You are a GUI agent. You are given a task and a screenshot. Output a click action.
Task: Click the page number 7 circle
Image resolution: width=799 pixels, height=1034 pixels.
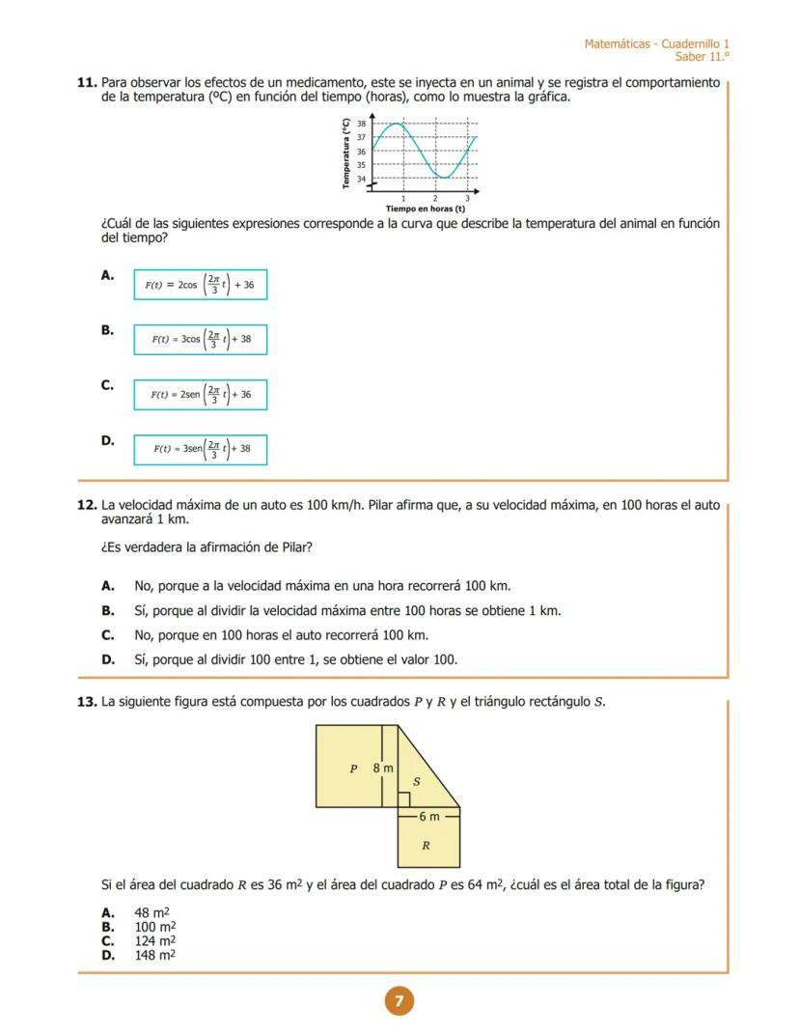(x=399, y=1001)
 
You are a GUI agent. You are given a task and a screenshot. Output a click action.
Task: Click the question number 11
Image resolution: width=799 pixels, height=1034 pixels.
(x=87, y=83)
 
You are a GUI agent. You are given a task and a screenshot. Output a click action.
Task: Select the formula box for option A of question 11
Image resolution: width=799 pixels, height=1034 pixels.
(x=200, y=285)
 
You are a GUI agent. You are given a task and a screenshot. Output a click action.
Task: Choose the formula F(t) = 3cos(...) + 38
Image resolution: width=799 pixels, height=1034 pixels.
(x=200, y=340)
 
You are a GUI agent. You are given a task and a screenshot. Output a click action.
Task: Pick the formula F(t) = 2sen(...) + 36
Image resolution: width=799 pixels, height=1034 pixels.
(x=200, y=395)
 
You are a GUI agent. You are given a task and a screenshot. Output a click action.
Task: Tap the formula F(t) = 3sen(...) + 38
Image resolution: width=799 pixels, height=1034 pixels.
(x=200, y=449)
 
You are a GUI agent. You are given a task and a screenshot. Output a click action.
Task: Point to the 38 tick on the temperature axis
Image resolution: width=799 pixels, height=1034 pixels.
(x=362, y=125)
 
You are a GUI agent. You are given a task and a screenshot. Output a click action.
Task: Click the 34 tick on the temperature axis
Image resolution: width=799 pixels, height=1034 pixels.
(x=362, y=179)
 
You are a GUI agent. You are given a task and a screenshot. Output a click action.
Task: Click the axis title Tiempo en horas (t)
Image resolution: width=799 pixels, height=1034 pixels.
(x=425, y=209)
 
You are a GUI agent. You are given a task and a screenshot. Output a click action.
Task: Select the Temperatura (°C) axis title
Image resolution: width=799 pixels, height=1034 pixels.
(x=345, y=154)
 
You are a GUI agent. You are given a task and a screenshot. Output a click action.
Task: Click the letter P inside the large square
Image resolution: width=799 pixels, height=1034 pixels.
(x=353, y=769)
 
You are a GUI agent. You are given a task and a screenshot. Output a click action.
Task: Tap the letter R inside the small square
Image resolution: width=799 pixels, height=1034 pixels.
(x=426, y=846)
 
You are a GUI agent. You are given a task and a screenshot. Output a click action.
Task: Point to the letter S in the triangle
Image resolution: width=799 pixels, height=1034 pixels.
(x=416, y=781)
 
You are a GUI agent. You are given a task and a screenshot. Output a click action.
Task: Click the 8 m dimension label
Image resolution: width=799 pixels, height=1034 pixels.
(x=383, y=769)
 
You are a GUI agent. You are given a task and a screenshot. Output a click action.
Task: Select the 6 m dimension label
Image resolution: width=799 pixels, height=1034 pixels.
(x=428, y=817)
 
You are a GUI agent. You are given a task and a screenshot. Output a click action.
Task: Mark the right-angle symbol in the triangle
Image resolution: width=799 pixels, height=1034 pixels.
(x=404, y=800)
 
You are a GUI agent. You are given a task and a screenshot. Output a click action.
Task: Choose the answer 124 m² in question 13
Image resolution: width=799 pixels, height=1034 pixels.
(x=154, y=940)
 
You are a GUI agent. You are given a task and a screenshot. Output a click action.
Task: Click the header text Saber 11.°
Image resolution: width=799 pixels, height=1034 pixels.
(x=702, y=57)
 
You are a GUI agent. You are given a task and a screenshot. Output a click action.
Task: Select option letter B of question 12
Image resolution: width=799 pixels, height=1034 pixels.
(x=108, y=611)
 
